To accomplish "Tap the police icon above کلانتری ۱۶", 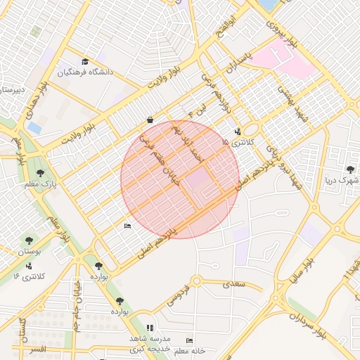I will point(29,266).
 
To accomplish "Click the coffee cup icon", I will point(150,120).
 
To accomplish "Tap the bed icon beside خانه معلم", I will point(188,341).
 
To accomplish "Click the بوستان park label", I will point(30,251).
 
